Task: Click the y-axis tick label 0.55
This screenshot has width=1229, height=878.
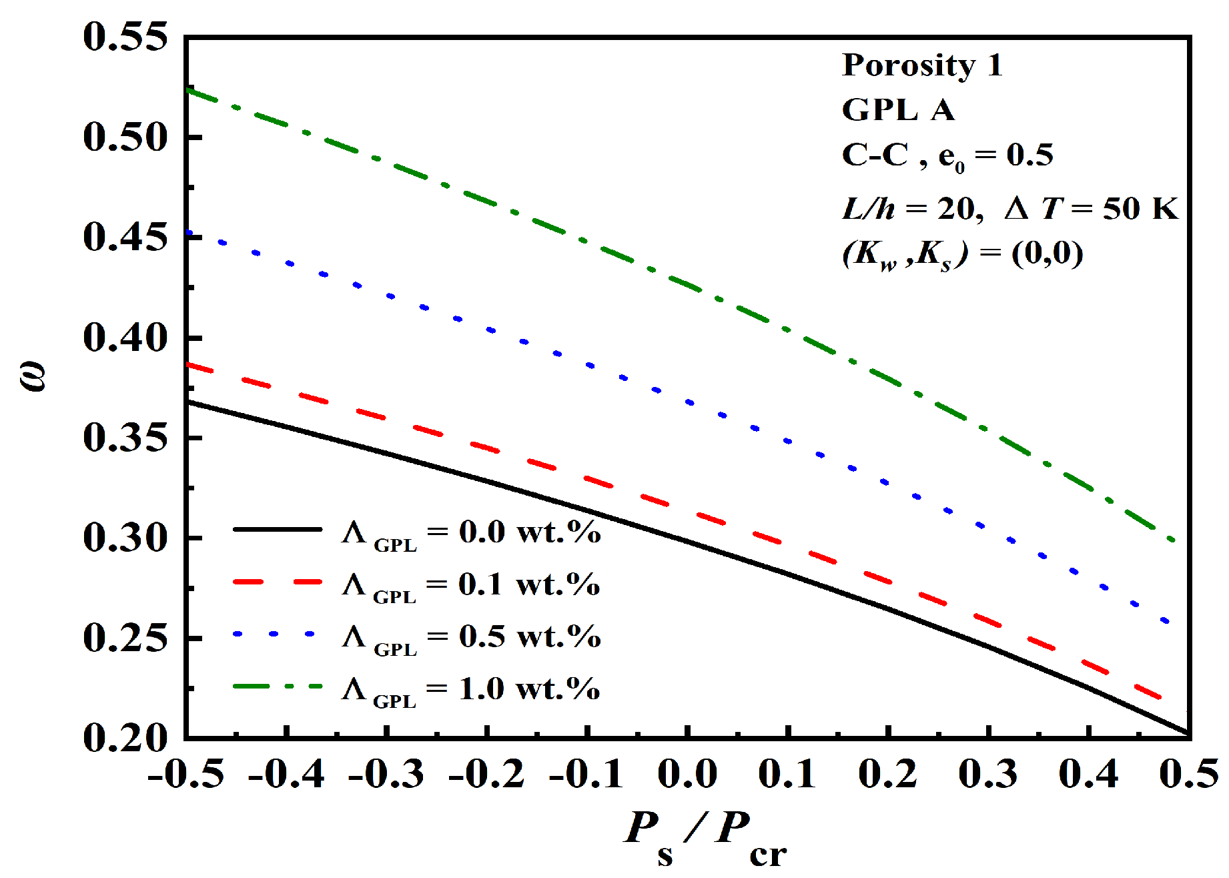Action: (125, 37)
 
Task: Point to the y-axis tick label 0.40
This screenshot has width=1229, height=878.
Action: (125, 338)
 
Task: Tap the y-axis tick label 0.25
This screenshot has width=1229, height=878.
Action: (125, 638)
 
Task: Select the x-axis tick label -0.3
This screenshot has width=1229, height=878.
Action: (386, 775)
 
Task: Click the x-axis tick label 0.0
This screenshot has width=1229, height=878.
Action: (687, 775)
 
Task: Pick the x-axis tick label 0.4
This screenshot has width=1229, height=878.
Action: (1088, 775)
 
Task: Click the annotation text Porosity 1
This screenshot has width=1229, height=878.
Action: (922, 65)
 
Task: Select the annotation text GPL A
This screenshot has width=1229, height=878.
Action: (898, 110)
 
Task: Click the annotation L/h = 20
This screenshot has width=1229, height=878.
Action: (911, 209)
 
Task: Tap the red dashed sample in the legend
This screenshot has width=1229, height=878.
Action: (278, 582)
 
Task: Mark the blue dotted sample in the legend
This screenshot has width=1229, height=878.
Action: (274, 634)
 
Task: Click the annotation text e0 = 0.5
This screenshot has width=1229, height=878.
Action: (995, 156)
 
